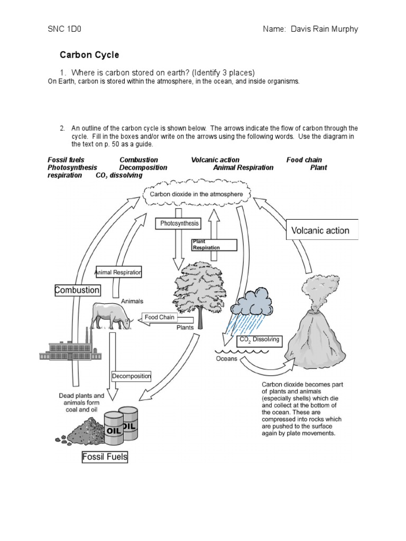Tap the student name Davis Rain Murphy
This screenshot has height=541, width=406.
click(310, 29)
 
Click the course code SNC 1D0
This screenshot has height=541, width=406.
click(66, 29)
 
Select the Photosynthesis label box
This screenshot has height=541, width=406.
click(180, 223)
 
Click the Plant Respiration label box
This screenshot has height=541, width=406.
click(206, 244)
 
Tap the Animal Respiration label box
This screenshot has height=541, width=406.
click(118, 273)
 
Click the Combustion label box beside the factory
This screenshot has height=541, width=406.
click(77, 290)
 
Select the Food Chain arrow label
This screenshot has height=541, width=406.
click(160, 318)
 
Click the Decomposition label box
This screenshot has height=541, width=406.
click(131, 376)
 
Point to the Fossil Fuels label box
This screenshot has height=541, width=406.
click(105, 456)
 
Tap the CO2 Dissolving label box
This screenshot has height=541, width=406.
click(260, 340)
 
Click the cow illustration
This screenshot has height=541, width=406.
click(112, 316)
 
